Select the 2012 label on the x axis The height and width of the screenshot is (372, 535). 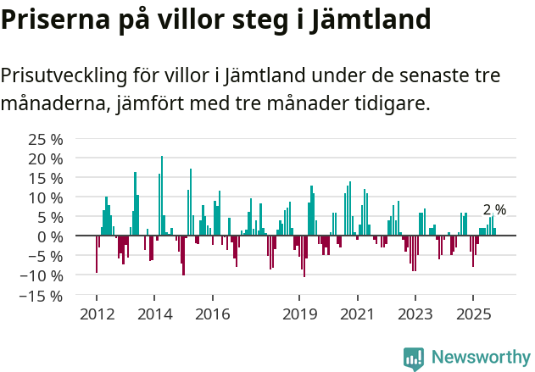tap(97, 314)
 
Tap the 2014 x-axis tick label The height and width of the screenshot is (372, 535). tap(154, 314)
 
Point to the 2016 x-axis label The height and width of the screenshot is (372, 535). tap(212, 314)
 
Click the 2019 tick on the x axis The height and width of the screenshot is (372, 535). tap(299, 314)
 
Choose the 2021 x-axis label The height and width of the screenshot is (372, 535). tap(357, 314)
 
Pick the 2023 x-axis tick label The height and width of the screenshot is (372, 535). tap(415, 314)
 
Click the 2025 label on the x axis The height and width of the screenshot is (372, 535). tap(472, 314)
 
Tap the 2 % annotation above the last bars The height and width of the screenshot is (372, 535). tap(494, 209)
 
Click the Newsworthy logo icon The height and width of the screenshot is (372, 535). tap(414, 358)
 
